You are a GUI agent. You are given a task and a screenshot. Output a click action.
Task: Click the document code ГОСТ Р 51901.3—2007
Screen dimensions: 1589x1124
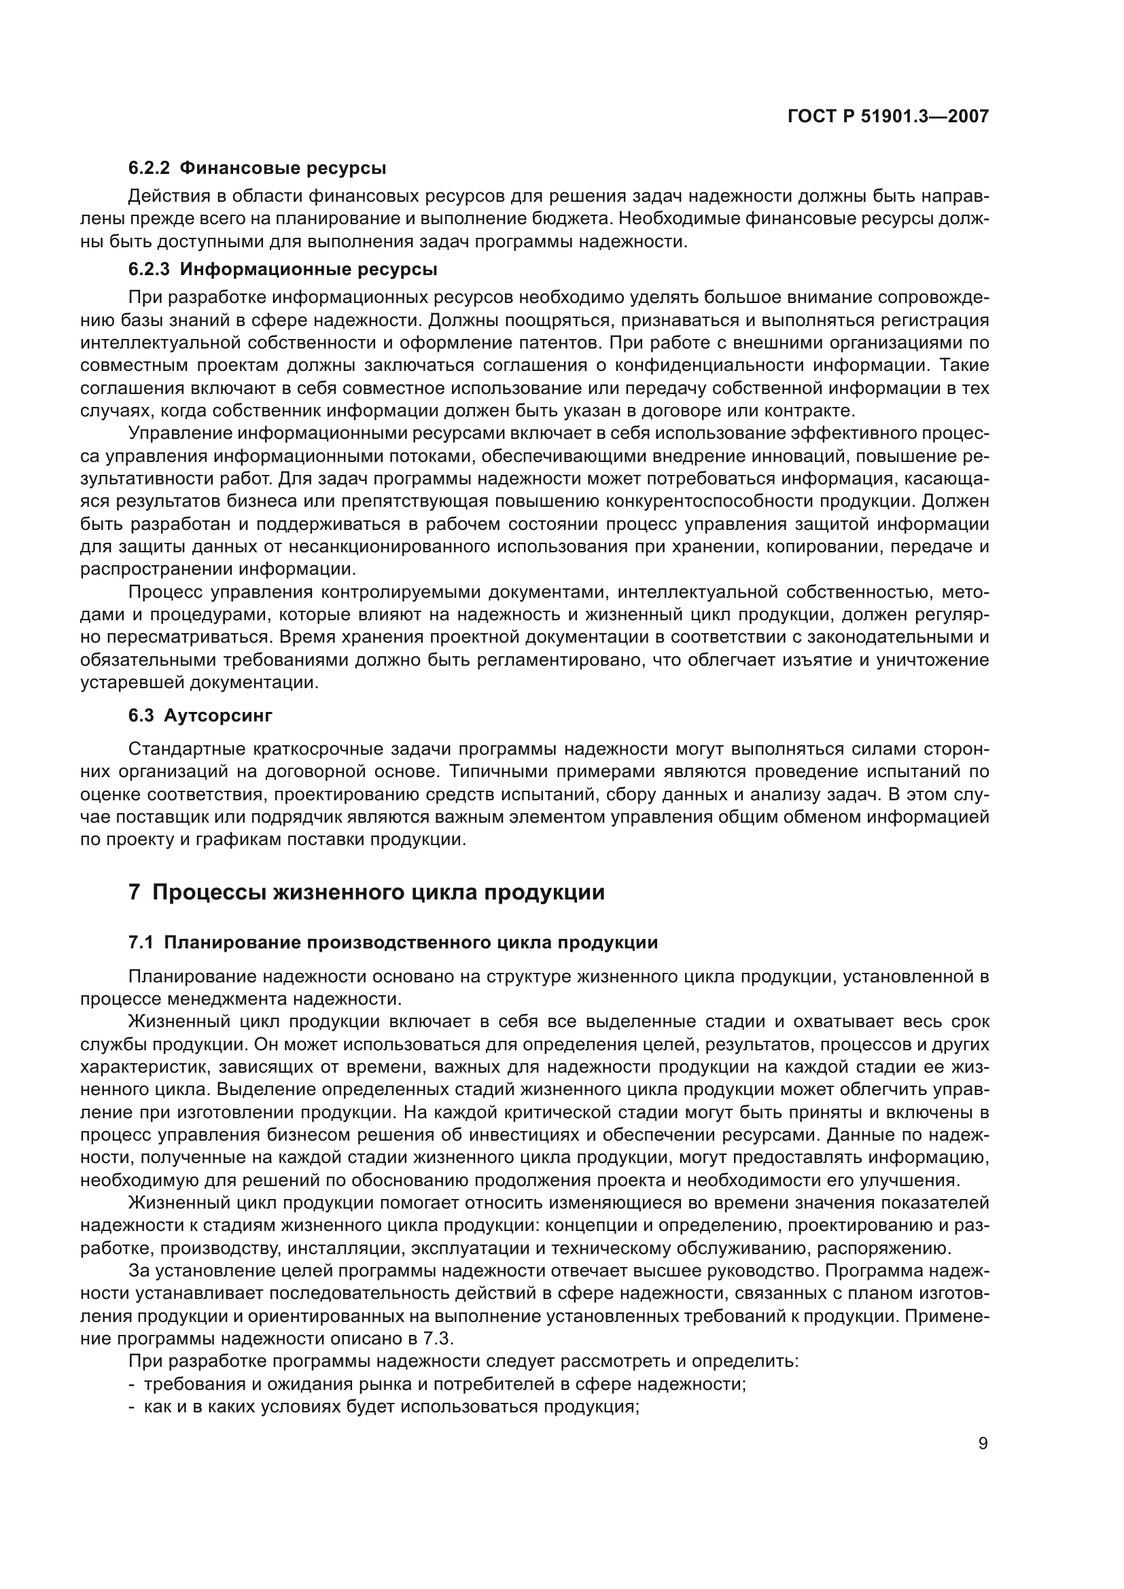888,117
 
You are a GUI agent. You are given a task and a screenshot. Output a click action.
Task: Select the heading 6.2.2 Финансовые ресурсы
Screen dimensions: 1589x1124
257,168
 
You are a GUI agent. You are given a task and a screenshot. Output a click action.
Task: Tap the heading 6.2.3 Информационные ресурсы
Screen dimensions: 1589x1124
283,269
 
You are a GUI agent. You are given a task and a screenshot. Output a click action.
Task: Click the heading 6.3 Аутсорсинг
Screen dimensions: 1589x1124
200,715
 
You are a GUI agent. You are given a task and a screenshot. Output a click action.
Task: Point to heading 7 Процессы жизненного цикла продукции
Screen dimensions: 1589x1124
366,892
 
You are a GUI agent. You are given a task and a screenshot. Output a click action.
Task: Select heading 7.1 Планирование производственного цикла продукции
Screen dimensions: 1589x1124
392,943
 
